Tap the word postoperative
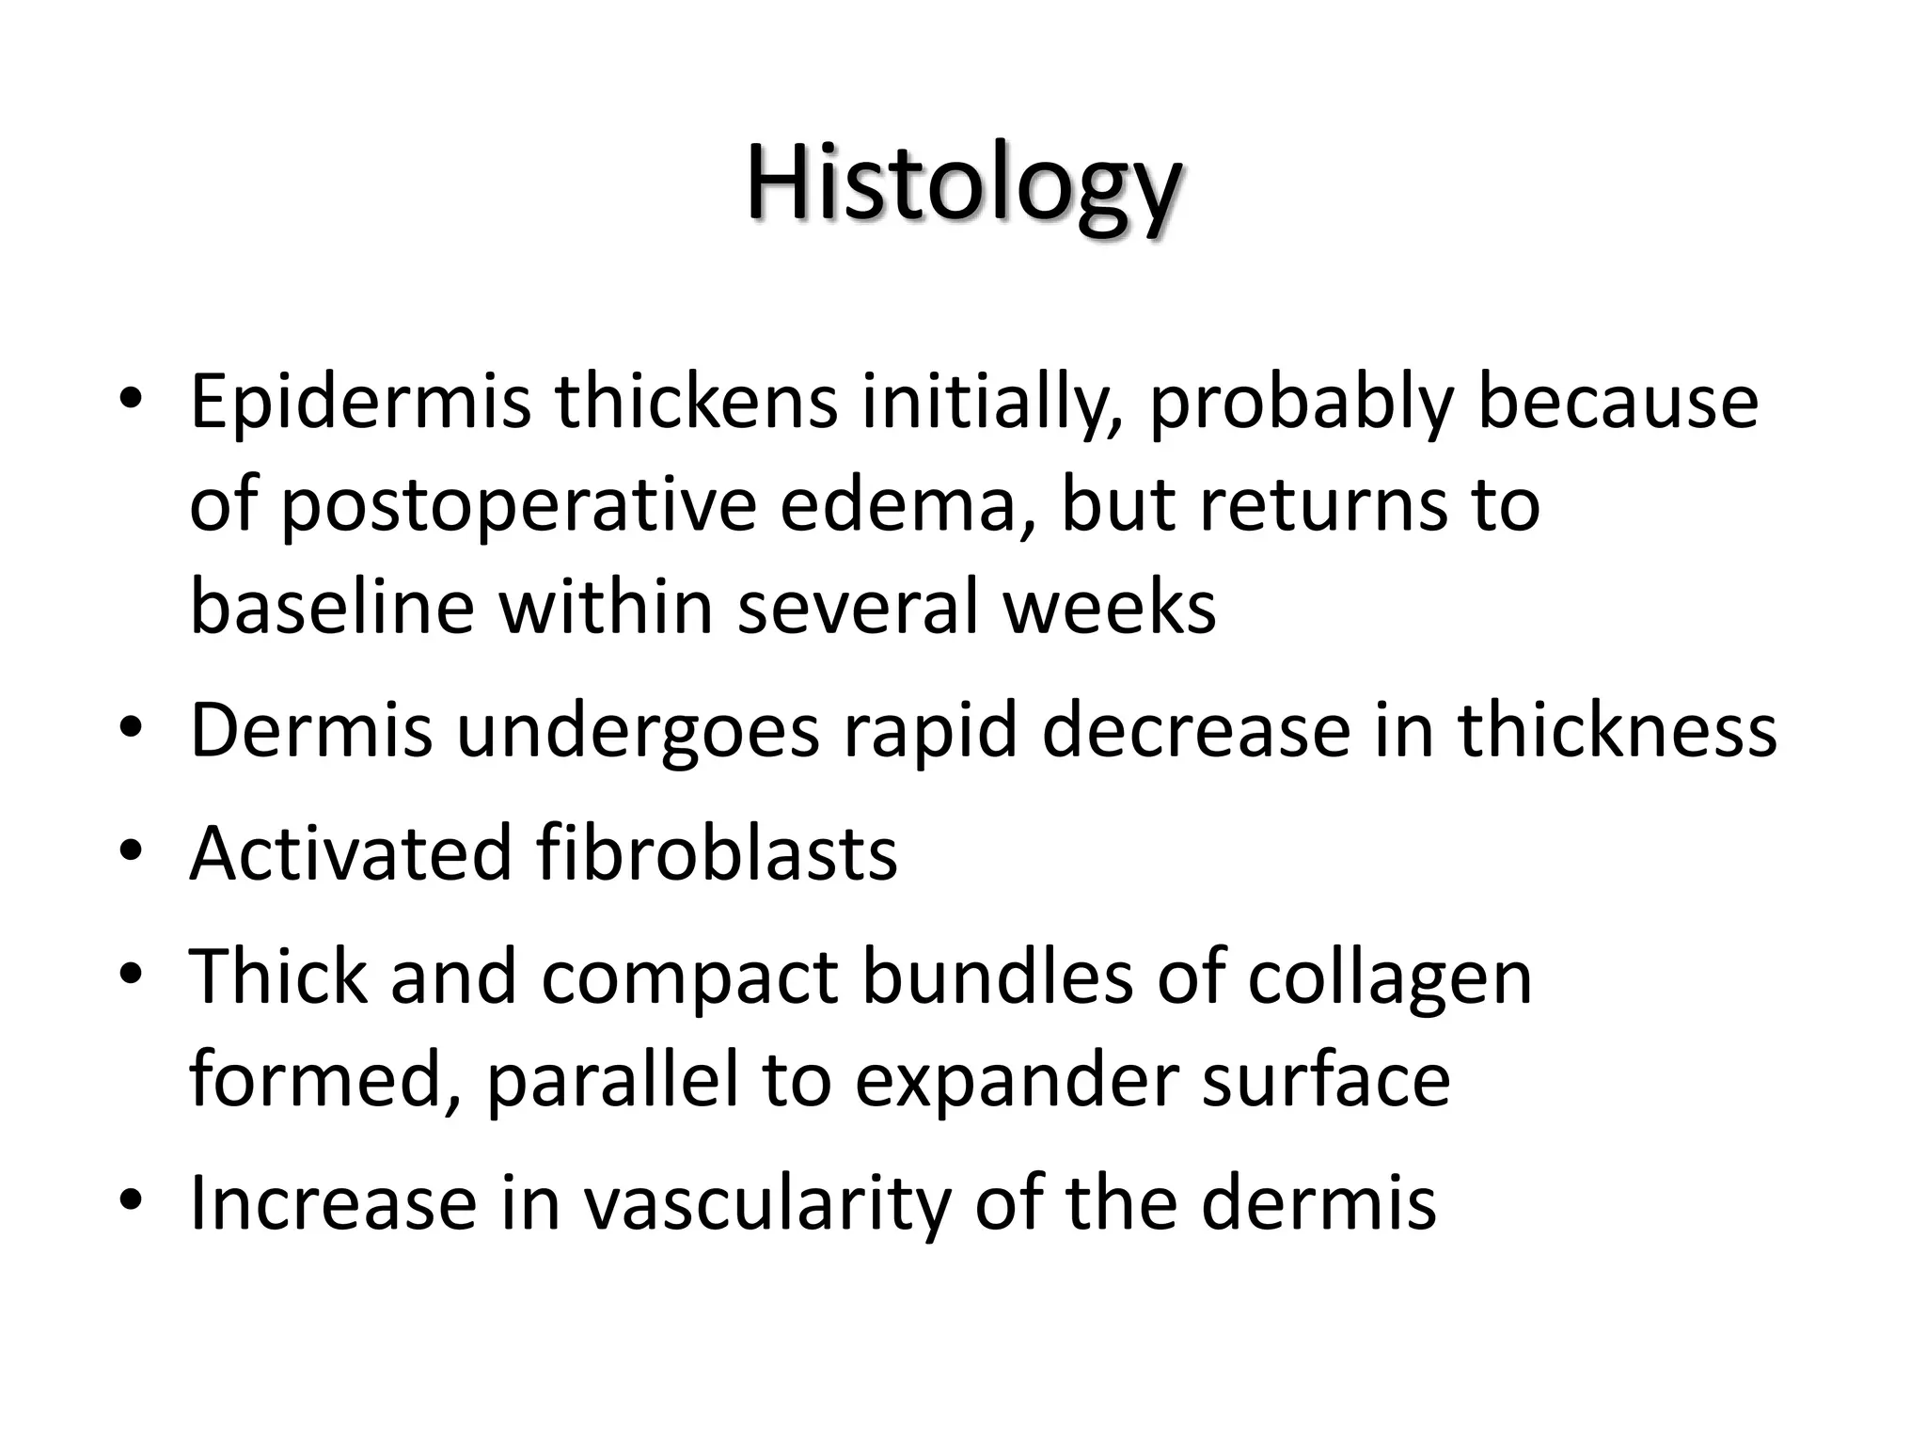coord(518,506)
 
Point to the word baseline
coord(332,608)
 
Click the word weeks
coord(1109,608)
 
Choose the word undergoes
coord(638,731)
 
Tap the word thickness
coord(1617,731)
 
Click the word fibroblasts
coord(717,853)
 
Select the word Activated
coord(351,853)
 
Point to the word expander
coord(1016,1080)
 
